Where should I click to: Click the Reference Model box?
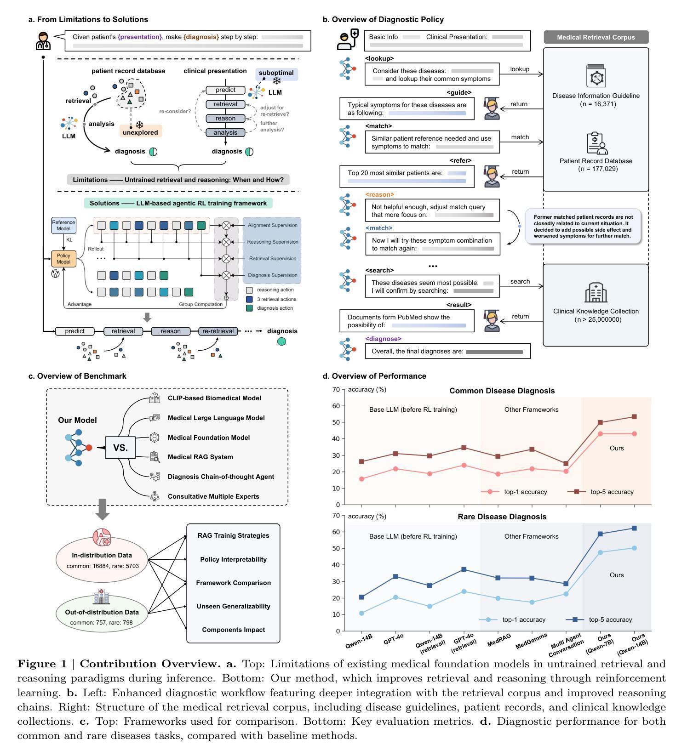[x=63, y=225]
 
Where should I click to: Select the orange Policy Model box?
[x=63, y=259]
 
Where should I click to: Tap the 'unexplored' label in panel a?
[x=140, y=132]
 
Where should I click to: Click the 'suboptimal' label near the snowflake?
[x=276, y=73]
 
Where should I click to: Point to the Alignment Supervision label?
[x=273, y=225]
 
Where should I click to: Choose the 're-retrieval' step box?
[x=218, y=331]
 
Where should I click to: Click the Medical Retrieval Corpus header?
[x=596, y=37]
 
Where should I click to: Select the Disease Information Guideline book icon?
[x=596, y=76]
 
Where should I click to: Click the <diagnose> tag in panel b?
[x=383, y=339]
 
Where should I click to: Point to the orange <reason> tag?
[x=379, y=194]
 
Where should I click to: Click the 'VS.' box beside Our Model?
[x=120, y=448]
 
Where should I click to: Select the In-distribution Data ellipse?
[x=102, y=559]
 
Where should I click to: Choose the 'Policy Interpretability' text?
[x=234, y=559]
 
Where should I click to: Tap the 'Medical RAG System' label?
[x=201, y=457]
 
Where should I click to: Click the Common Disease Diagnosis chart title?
[x=502, y=391]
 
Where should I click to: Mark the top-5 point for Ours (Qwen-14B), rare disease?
[x=634, y=528]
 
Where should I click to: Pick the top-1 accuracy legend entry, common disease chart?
[x=514, y=492]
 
